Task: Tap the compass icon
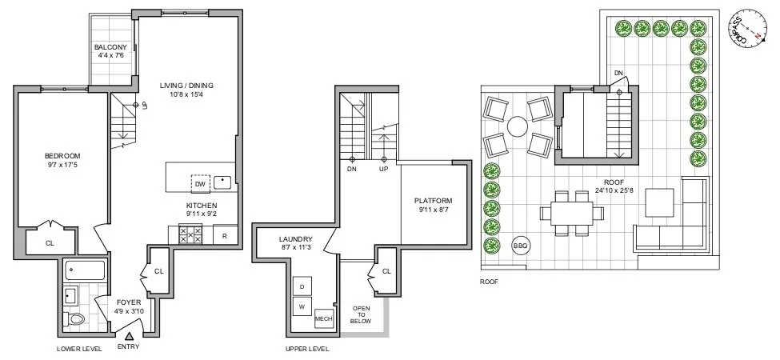pyautogui.click(x=748, y=26)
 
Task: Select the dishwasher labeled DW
pyautogui.click(x=199, y=183)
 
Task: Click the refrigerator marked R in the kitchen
pyautogui.click(x=224, y=235)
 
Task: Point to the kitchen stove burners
pyautogui.click(x=190, y=234)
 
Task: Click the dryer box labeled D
pyautogui.click(x=302, y=287)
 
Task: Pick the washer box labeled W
pyautogui.click(x=302, y=306)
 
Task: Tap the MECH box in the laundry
pyautogui.click(x=324, y=318)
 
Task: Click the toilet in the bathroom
pyautogui.click(x=77, y=321)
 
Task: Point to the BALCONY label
pyautogui.click(x=110, y=47)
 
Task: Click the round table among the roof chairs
pyautogui.click(x=518, y=126)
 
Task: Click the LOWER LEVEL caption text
pyautogui.click(x=79, y=349)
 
